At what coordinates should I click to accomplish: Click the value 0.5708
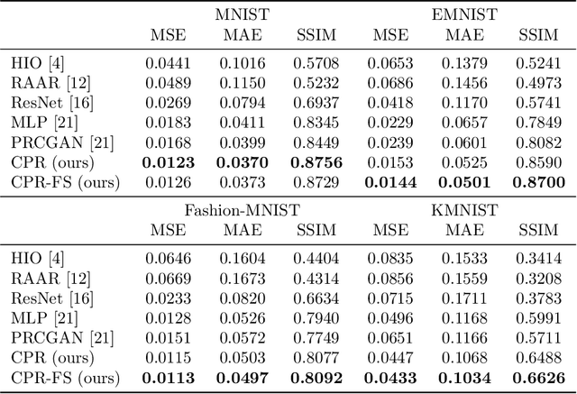pyautogui.click(x=316, y=63)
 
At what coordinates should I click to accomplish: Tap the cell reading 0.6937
pyautogui.click(x=316, y=103)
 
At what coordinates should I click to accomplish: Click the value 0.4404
pyautogui.click(x=316, y=260)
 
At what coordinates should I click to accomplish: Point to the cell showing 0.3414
pyautogui.click(x=540, y=260)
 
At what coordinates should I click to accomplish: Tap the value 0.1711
pyautogui.click(x=463, y=299)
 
